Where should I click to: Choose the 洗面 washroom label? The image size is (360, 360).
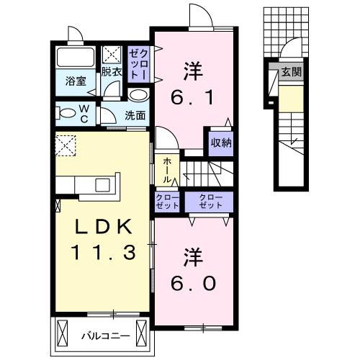pyautogui.click(x=135, y=114)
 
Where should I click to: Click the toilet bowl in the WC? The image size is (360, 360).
pyautogui.click(x=67, y=112)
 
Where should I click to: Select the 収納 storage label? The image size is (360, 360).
pyautogui.click(x=221, y=142)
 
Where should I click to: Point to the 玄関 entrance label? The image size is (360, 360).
pyautogui.click(x=292, y=72)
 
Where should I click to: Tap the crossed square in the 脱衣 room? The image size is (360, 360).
pyautogui.click(x=112, y=53)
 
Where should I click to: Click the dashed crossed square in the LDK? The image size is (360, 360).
pyautogui.click(x=67, y=145)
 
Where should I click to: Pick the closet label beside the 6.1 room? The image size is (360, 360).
pyautogui.click(x=138, y=63)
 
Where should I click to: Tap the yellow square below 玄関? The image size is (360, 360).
pyautogui.click(x=291, y=98)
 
